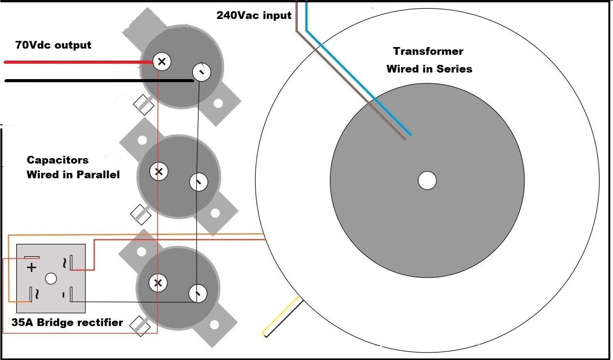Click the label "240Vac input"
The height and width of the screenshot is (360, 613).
tap(254, 15)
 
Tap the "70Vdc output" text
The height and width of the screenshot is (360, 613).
tap(53, 45)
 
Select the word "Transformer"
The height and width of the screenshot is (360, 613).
tap(428, 51)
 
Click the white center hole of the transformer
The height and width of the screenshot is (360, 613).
tap(427, 181)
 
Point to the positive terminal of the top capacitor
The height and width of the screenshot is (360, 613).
tap(162, 61)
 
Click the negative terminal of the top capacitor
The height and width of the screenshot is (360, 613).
tap(201, 72)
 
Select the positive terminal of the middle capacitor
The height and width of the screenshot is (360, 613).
tap(159, 172)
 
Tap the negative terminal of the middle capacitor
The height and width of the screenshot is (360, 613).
tap(199, 182)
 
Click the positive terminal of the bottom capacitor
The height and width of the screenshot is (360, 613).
tap(158, 283)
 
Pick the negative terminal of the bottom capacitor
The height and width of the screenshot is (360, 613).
tap(198, 294)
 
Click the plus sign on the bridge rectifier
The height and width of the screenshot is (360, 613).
tap(32, 267)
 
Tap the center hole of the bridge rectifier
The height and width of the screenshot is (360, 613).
tap(51, 278)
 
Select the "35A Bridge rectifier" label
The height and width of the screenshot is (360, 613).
tap(67, 323)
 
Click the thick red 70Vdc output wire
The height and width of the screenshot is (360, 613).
tap(77, 62)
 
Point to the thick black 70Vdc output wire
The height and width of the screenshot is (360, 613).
tap(96, 81)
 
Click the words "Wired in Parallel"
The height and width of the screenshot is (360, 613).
tap(73, 175)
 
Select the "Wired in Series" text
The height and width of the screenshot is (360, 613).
tap(429, 69)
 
